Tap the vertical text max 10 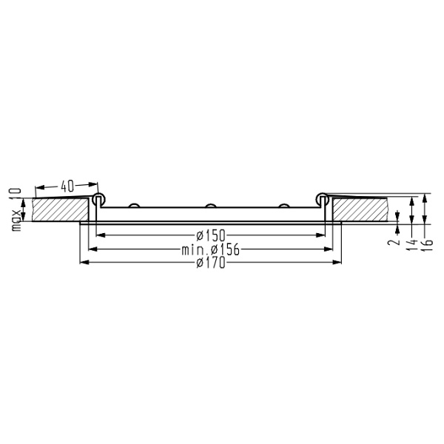14,209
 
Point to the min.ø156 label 211,249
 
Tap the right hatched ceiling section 360,209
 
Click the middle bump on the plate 210,206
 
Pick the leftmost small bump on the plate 134,206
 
